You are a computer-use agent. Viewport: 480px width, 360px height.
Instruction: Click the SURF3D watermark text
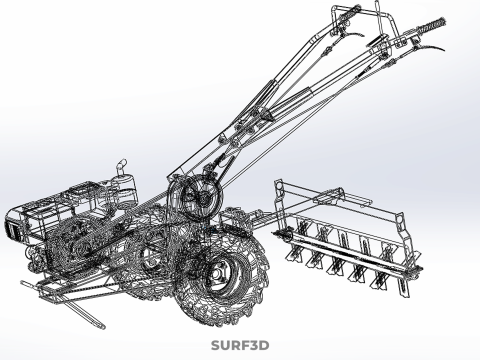click(240, 345)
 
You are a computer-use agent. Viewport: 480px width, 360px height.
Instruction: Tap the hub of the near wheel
click(217, 274)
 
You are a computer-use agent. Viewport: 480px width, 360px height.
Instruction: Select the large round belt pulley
click(201, 198)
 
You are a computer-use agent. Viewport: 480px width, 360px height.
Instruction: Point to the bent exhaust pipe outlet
click(121, 166)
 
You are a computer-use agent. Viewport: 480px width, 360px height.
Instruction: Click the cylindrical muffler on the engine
click(123, 191)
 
